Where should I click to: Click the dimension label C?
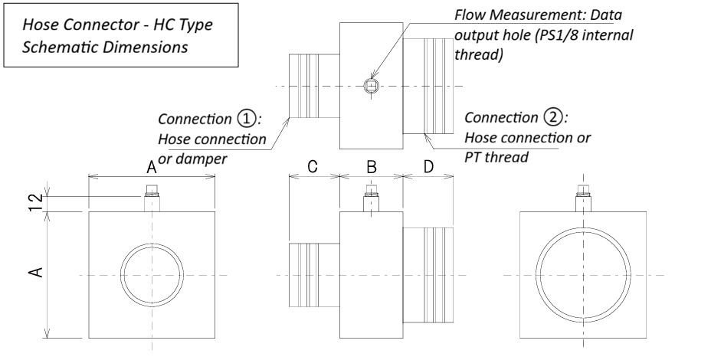coord(313,167)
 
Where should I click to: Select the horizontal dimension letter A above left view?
coord(152,167)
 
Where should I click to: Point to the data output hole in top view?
coord(371,85)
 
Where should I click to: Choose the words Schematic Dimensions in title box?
coord(106,45)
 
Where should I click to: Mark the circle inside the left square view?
coord(152,273)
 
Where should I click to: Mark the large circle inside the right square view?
coord(583,273)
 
